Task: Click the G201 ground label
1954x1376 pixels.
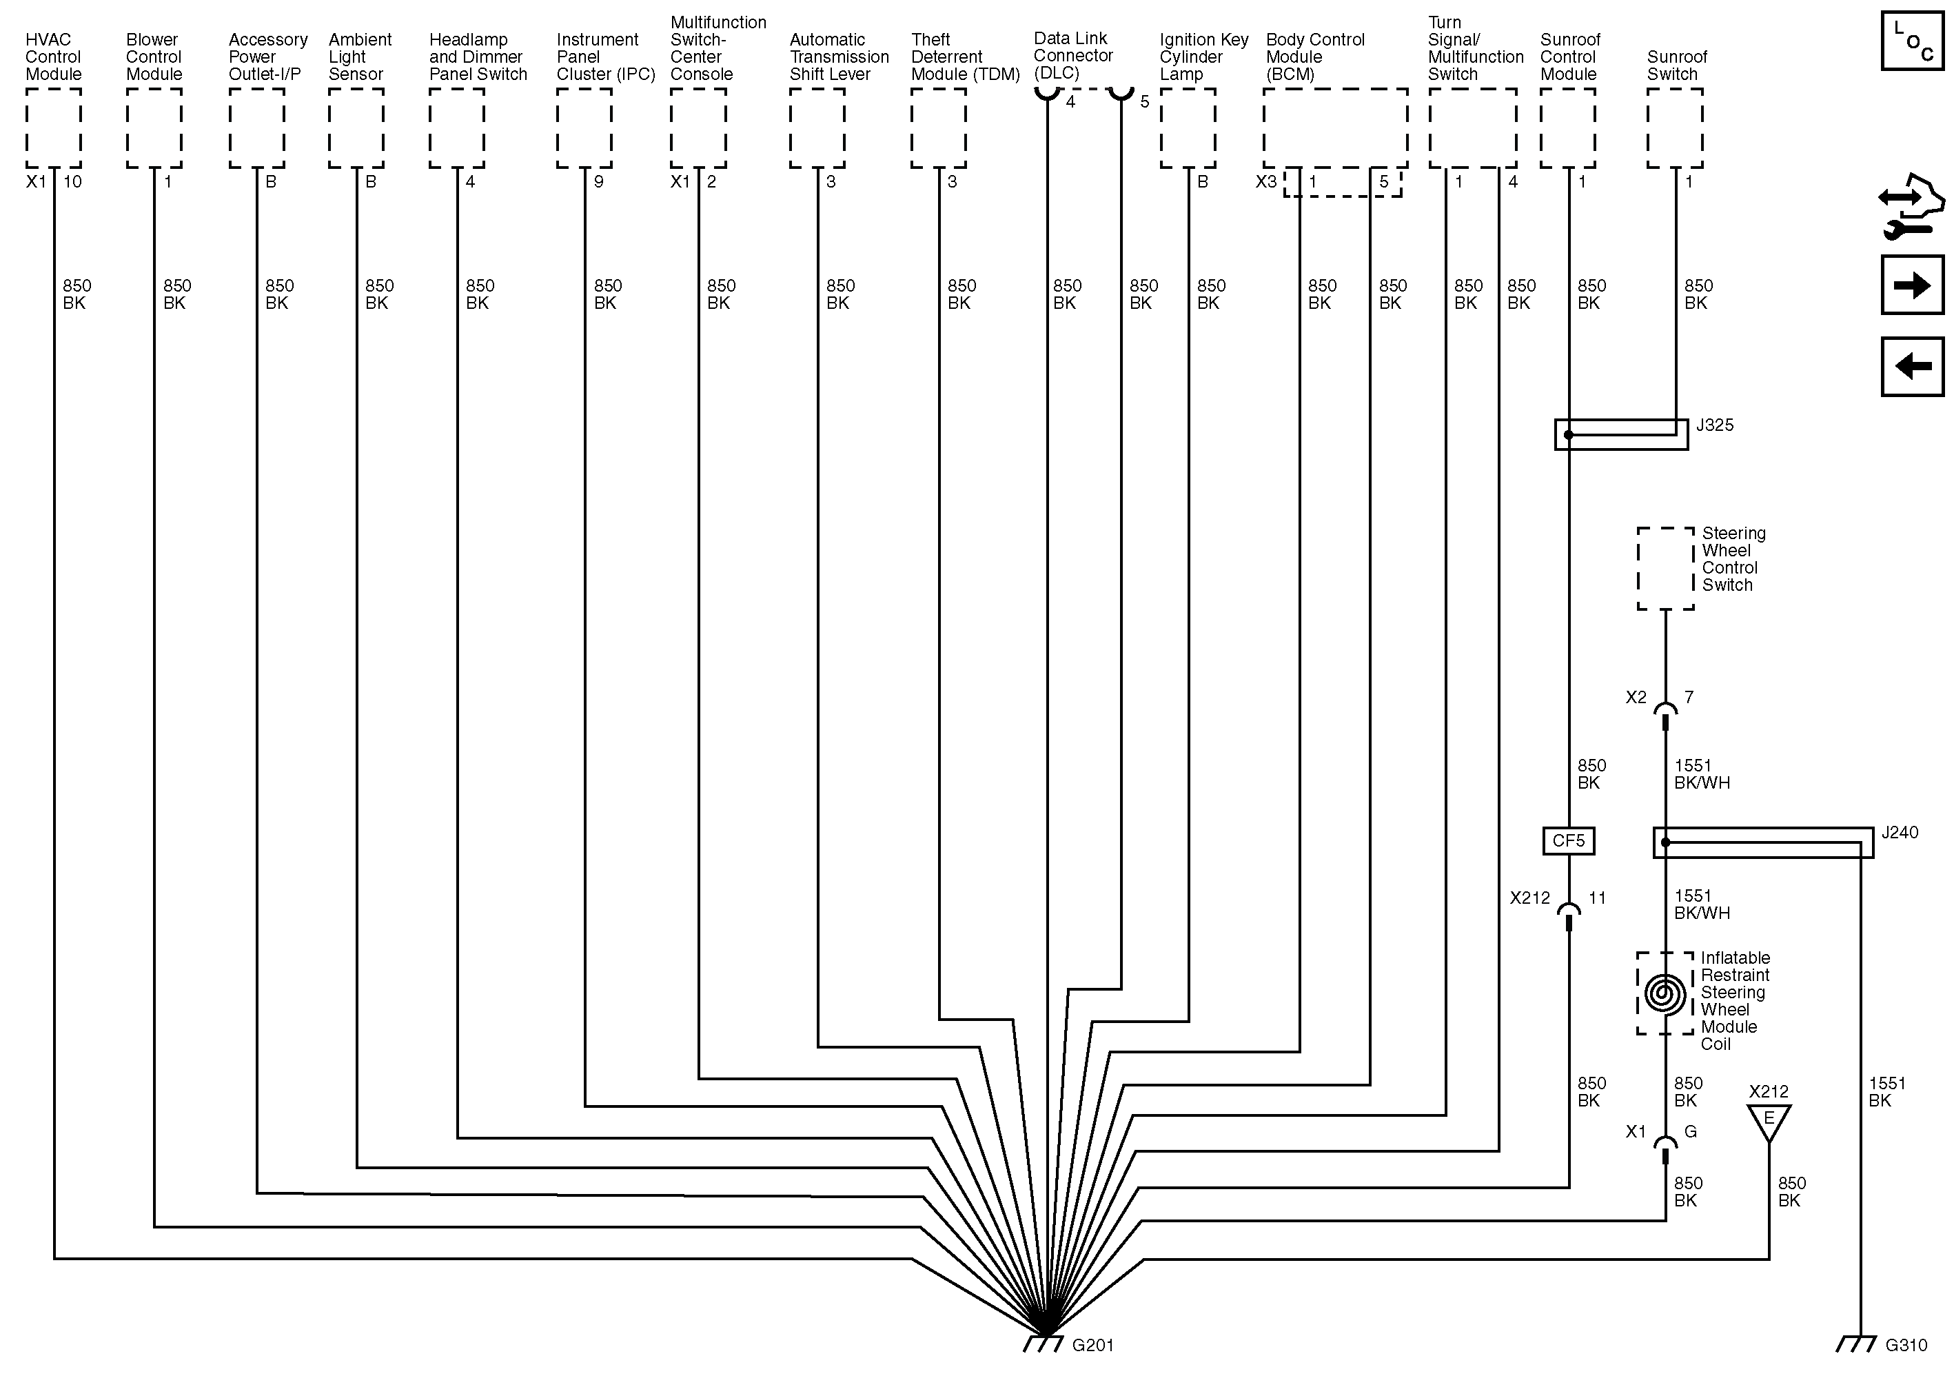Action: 1092,1346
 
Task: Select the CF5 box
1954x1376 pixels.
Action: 1569,841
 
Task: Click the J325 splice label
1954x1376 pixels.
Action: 1715,425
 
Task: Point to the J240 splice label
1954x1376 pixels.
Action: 1900,832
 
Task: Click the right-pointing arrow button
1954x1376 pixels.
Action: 1912,285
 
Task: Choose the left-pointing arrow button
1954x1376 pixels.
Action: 1912,367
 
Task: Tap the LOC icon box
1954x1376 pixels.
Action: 1912,40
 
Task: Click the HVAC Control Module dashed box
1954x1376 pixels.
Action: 54,128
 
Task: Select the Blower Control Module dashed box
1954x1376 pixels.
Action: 154,128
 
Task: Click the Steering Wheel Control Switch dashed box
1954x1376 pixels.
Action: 1665,569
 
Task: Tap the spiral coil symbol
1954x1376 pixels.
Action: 1665,994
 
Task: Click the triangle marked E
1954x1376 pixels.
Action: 1769,1119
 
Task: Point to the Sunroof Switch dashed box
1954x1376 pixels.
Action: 1675,128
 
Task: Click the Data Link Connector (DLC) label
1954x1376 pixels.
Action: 1072,55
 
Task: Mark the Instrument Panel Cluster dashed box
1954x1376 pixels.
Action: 584,128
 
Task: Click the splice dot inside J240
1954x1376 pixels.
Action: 1665,842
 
